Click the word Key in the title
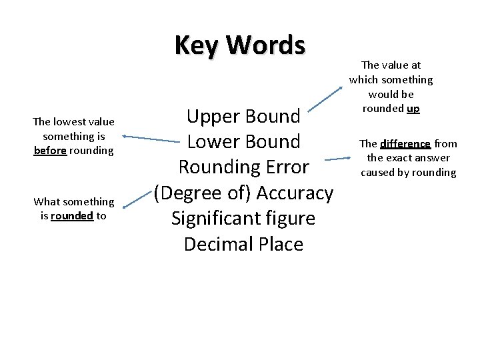pos(197,45)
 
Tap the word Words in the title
pos(265,45)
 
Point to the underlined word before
pos(50,151)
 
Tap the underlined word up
pos(413,108)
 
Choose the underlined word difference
pos(405,143)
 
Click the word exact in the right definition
pos(399,158)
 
